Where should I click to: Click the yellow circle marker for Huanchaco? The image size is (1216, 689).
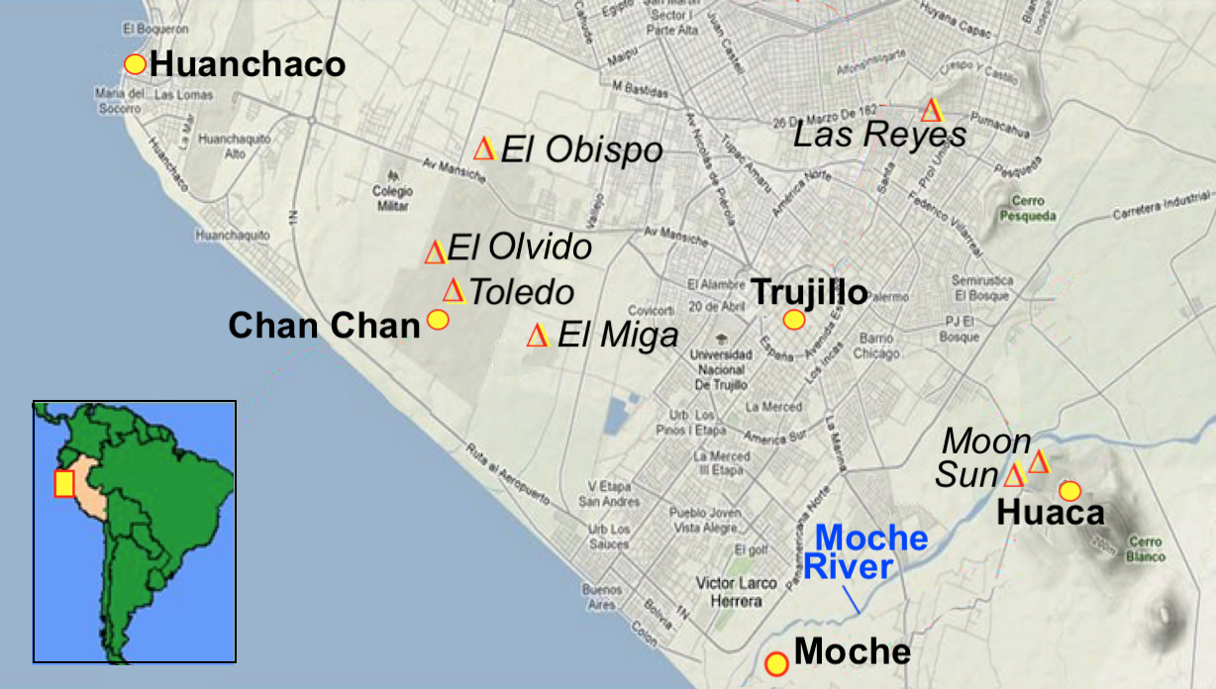[x=136, y=64]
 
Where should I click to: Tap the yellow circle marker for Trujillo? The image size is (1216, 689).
[x=794, y=320]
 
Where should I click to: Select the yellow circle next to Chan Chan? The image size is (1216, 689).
[x=438, y=320]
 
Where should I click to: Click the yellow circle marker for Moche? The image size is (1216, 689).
[x=777, y=663]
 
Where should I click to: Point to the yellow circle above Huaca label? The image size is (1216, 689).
[x=1069, y=491]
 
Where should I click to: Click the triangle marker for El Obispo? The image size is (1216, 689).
[x=484, y=148]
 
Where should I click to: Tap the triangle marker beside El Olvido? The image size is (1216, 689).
[x=435, y=252]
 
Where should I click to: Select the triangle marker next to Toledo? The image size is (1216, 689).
[x=454, y=290]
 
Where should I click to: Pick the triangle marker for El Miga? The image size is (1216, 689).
[x=538, y=336]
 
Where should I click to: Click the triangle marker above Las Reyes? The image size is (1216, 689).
[x=931, y=110]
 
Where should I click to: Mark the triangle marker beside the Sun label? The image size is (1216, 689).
[x=1014, y=475]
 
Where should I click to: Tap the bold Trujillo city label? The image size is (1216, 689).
[x=809, y=292]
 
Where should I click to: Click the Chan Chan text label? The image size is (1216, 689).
[x=325, y=325]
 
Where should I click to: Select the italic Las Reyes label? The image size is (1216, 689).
[x=880, y=135]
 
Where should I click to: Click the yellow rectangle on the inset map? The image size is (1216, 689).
[x=64, y=484]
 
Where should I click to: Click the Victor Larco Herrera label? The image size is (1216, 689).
[x=736, y=592]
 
